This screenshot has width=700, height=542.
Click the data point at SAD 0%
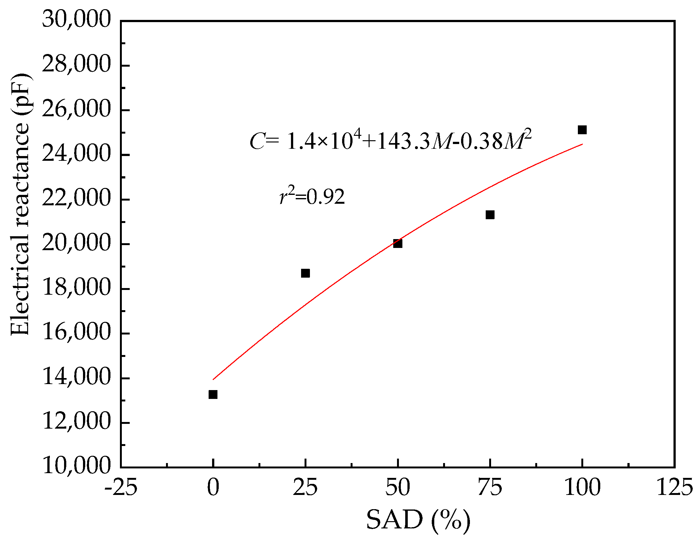pos(213,394)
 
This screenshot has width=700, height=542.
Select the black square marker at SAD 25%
pos(306,273)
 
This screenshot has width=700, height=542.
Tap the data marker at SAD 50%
pos(398,244)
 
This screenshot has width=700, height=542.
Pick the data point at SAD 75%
pos(490,214)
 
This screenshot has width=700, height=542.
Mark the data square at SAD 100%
pos(582,130)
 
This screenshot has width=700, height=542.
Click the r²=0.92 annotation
pos(312,196)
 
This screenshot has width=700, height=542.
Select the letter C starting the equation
pos(257,142)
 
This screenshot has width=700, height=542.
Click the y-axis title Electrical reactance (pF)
pos(20,205)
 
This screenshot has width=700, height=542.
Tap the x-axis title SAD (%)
pos(418,520)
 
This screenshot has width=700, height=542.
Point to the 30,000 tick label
pos(76,20)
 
